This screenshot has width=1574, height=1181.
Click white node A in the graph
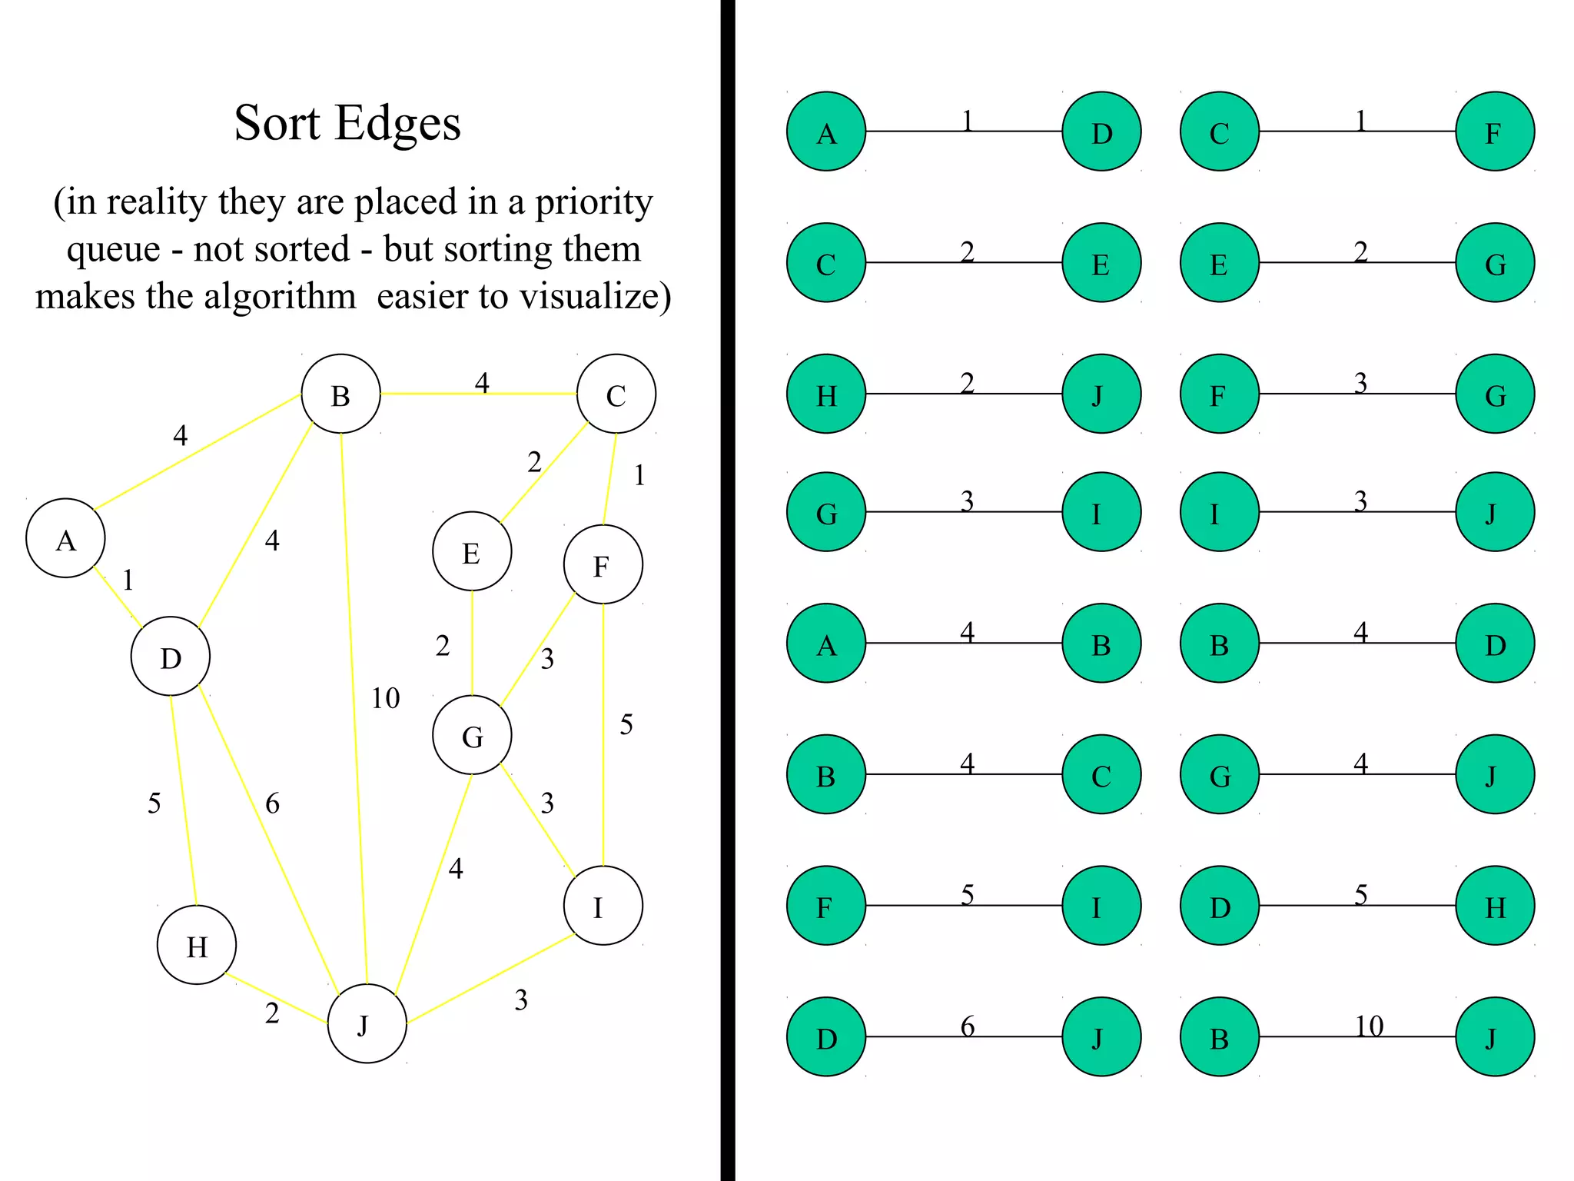click(x=65, y=538)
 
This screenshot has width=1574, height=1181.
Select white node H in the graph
click(x=197, y=945)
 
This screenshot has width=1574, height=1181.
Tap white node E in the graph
click(x=472, y=551)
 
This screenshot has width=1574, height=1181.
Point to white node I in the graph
click(x=603, y=906)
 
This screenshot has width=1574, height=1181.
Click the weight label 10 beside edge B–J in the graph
click(x=385, y=698)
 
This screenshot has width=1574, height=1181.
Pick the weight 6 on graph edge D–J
click(x=272, y=804)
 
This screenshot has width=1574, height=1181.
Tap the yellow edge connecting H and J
click(x=277, y=1000)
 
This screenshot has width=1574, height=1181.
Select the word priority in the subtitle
click(x=593, y=203)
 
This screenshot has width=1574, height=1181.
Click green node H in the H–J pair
click(x=826, y=394)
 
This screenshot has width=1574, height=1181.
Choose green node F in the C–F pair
click(x=1495, y=131)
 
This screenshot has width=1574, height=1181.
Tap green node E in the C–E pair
click(x=1101, y=263)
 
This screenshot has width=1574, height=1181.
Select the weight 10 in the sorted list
click(x=1369, y=1026)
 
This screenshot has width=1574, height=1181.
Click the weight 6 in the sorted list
click(x=968, y=1026)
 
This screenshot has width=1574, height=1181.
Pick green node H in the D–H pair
click(x=1495, y=906)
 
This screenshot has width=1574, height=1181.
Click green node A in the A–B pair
click(x=826, y=643)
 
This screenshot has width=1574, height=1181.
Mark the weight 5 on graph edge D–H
click(x=154, y=803)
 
